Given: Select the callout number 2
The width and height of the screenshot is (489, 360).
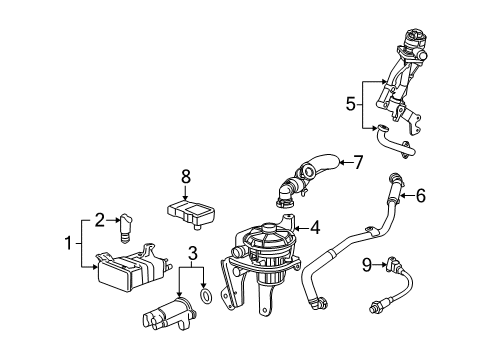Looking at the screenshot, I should [x=101, y=219].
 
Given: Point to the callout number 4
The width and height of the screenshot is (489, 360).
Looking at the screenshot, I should [x=316, y=227].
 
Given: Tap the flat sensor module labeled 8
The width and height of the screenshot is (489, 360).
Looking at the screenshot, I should [x=193, y=214].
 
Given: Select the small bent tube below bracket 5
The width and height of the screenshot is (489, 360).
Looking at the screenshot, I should [x=398, y=147].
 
